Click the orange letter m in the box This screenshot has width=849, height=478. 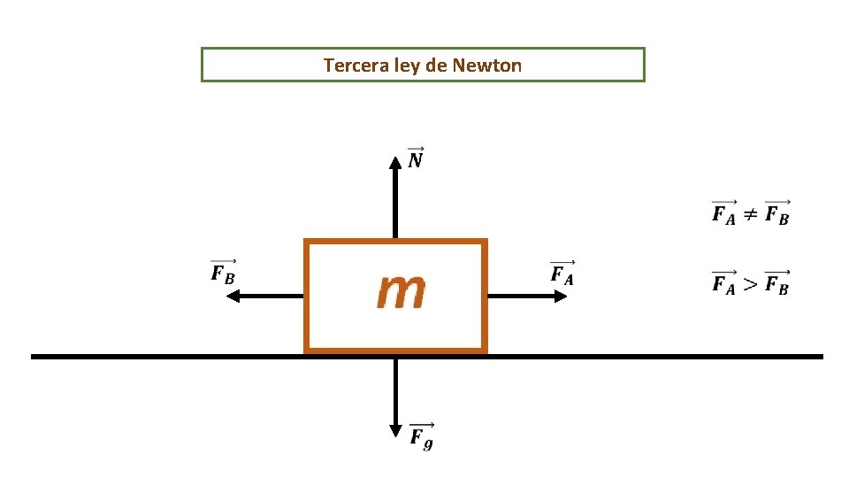401,290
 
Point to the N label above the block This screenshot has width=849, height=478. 416,158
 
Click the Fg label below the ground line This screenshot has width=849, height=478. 422,436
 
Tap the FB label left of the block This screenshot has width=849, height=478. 224,272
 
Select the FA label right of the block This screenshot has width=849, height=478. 562,273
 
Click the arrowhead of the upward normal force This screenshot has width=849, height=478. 395,162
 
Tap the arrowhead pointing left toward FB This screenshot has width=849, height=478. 233,297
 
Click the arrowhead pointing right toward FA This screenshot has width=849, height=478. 560,297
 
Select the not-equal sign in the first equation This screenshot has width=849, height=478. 750,213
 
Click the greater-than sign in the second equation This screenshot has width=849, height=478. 750,283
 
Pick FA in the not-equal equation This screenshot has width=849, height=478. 723,213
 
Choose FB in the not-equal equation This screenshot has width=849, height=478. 777,213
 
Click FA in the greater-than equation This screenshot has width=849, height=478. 723,284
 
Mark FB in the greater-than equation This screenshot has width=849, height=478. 777,284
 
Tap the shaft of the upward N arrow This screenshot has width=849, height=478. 395,204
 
